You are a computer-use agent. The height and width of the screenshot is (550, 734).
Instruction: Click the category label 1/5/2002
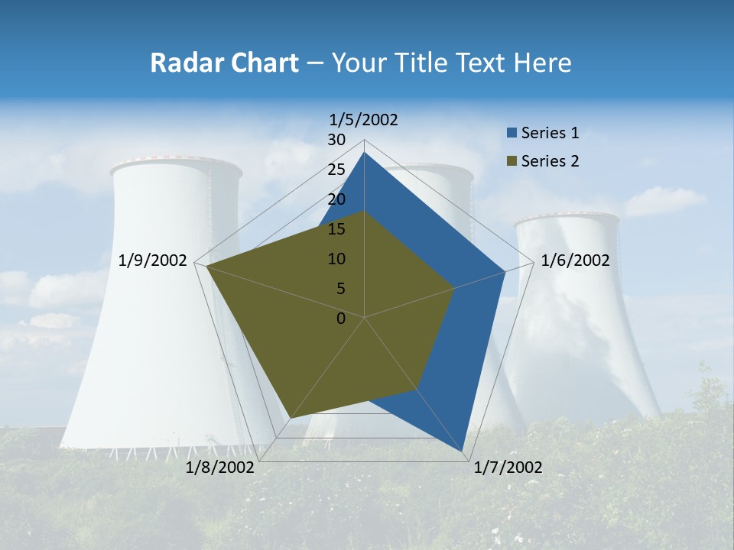coord(364,119)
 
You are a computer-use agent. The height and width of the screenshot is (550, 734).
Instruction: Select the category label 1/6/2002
coord(575,260)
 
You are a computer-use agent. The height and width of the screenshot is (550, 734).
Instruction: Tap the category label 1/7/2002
coord(508,467)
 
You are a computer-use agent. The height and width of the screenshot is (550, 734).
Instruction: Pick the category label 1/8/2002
coord(220,467)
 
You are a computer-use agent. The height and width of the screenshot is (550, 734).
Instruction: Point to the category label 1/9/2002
coord(153,260)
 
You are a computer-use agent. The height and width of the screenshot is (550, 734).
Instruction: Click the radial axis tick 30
coord(336,140)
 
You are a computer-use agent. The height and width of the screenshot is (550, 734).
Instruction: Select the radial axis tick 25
coord(336,170)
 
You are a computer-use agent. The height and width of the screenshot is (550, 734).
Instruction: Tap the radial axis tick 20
coord(336,199)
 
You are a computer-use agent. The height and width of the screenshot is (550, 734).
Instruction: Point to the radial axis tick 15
coord(336,229)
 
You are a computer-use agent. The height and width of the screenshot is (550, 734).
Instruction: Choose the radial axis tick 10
coord(336,259)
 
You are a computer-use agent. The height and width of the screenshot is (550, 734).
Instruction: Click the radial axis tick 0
coord(341,319)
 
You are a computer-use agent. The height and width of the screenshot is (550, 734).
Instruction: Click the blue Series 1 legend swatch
coord(512,134)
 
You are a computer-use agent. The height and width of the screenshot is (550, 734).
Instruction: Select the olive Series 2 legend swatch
coord(512,161)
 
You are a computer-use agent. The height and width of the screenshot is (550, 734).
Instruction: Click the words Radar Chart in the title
coord(224,63)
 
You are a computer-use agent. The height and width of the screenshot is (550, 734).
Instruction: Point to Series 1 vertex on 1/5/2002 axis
coord(364,152)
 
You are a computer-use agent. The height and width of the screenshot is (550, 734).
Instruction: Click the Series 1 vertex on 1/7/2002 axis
coord(463,452)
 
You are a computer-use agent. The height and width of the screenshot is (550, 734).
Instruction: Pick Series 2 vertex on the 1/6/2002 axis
coord(454,288)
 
